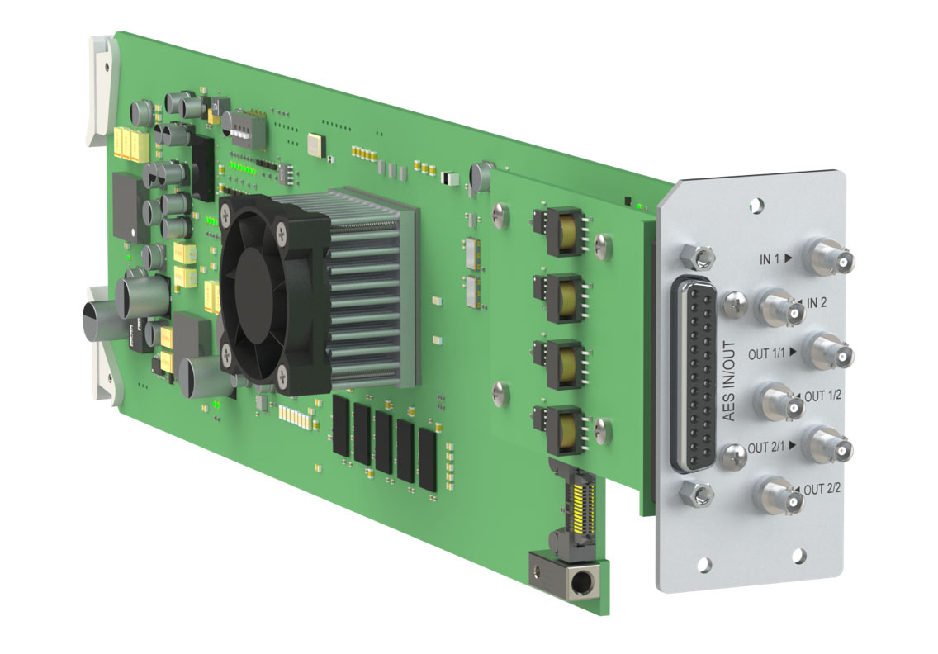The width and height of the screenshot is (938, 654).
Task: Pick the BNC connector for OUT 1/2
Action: [x=779, y=403]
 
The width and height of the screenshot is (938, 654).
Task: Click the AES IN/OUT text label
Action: [x=728, y=381]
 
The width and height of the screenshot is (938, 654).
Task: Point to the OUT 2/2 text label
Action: [x=822, y=490]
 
